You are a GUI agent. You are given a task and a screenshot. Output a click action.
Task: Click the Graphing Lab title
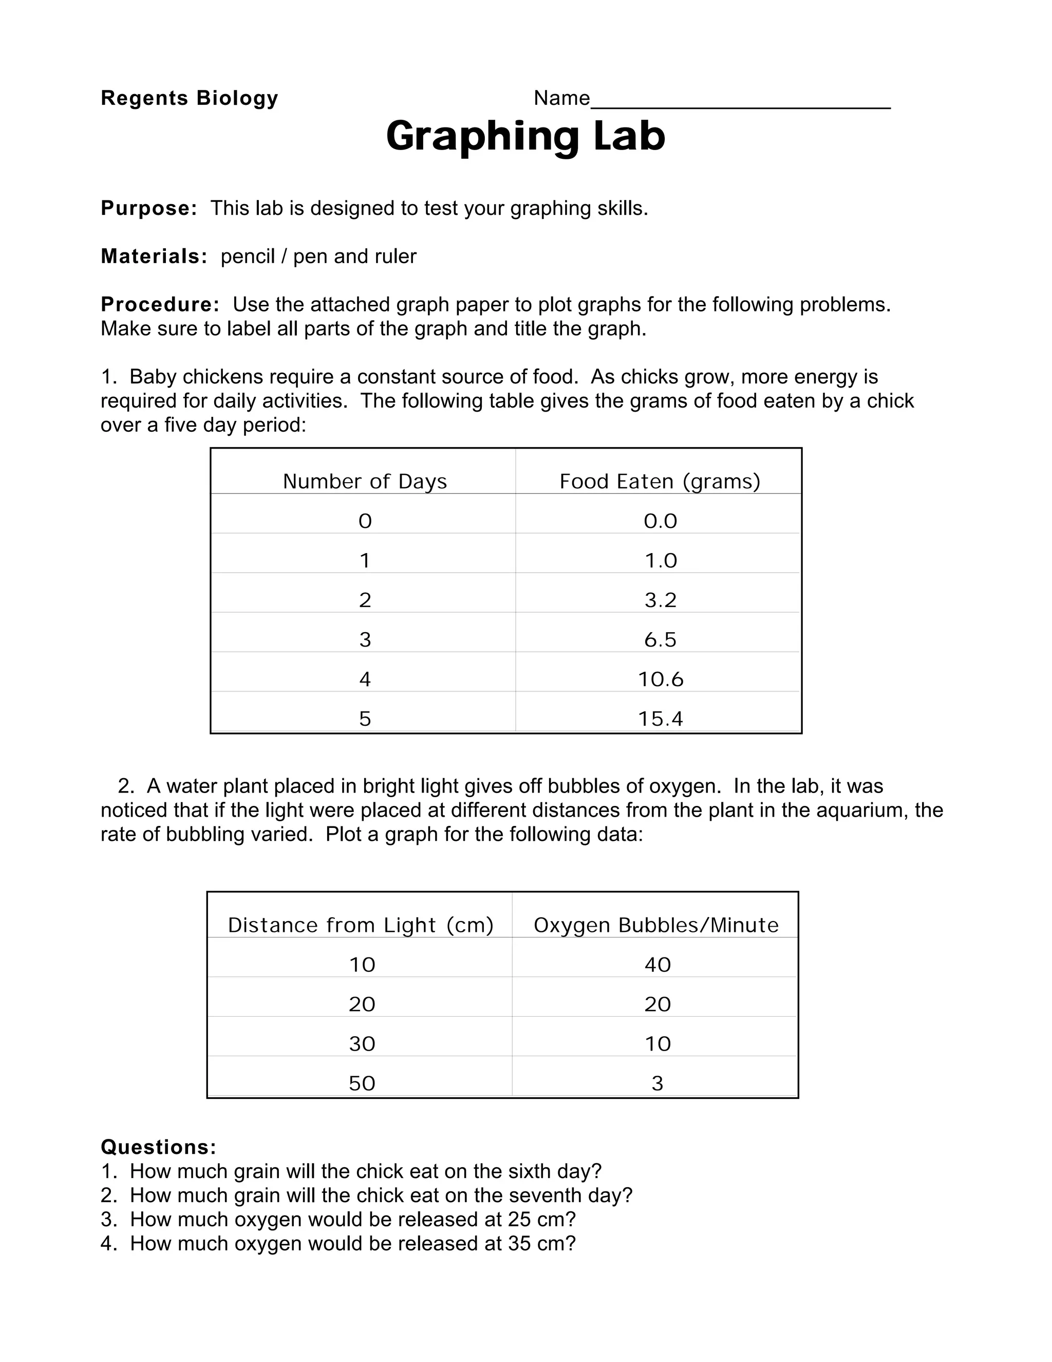(x=525, y=136)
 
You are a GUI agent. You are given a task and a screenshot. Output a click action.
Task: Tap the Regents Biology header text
(x=190, y=98)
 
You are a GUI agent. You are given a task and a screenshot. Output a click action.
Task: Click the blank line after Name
(x=740, y=100)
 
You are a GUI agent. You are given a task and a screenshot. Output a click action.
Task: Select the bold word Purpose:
(x=149, y=208)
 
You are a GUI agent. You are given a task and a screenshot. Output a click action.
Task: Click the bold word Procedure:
(x=160, y=304)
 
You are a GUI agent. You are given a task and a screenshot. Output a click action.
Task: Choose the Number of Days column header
(x=365, y=482)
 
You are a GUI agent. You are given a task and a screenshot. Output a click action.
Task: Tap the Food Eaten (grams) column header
(x=660, y=482)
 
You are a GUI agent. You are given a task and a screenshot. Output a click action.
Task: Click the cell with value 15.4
(x=660, y=719)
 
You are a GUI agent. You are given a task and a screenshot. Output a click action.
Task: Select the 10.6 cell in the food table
(x=660, y=679)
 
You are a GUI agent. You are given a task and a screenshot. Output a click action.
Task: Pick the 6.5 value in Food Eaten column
(x=660, y=640)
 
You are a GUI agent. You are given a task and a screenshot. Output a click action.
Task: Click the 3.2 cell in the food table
(x=660, y=600)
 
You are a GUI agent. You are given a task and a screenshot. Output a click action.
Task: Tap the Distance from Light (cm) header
(x=360, y=925)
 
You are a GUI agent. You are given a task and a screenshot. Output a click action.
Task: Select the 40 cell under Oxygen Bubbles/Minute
(x=657, y=965)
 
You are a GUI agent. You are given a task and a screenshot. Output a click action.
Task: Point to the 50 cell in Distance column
(x=362, y=1083)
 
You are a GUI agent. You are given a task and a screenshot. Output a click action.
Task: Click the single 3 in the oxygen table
(x=657, y=1083)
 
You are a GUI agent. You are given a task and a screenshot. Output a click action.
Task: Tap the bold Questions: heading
(x=158, y=1147)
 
